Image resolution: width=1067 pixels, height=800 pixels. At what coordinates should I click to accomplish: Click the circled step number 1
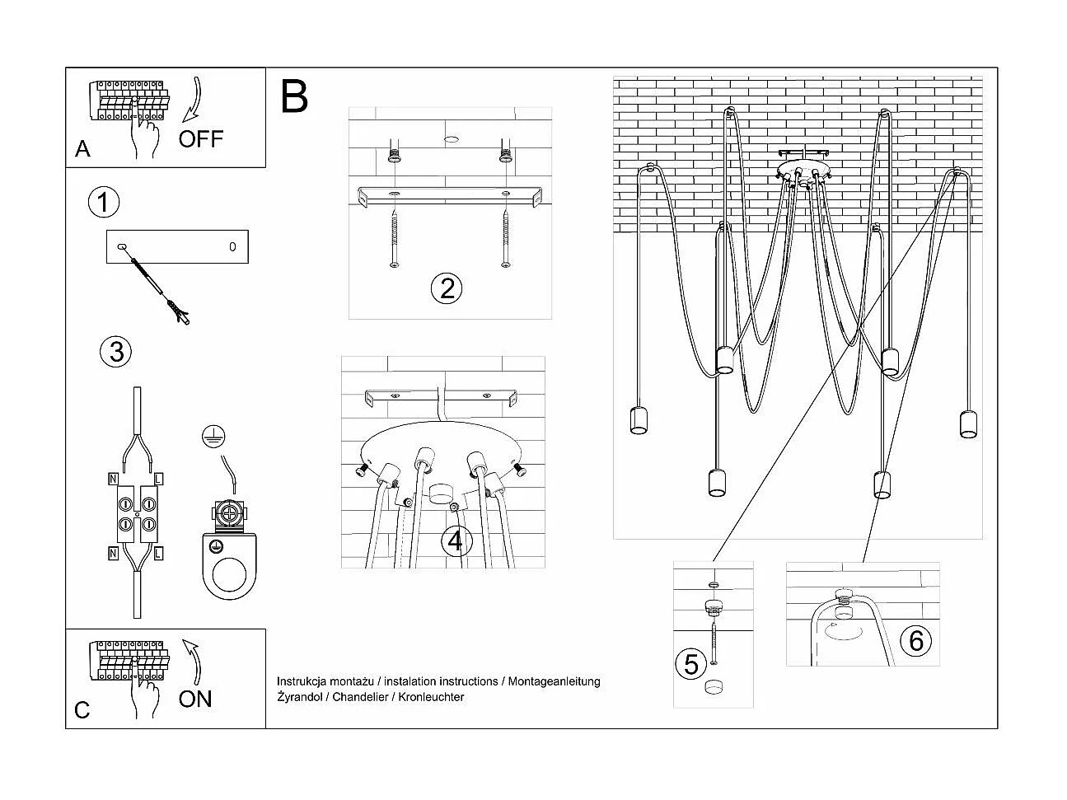[104, 203]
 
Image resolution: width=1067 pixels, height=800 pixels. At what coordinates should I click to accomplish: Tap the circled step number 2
[447, 288]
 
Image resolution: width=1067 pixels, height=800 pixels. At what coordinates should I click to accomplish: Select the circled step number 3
[115, 351]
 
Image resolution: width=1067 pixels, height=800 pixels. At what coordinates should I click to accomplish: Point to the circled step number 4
[456, 541]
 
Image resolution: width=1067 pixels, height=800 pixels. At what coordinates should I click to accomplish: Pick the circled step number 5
[690, 664]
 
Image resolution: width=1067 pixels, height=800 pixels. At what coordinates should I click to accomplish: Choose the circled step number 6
[916, 640]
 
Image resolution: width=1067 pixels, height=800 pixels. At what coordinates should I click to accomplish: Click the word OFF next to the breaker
[201, 138]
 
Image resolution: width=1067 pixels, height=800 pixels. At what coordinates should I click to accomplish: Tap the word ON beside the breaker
[195, 699]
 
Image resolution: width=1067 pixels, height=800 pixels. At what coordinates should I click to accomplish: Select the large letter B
[294, 96]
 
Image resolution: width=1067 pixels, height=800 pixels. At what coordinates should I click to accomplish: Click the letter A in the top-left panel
[82, 149]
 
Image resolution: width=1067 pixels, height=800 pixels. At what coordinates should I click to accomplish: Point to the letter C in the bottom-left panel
[82, 710]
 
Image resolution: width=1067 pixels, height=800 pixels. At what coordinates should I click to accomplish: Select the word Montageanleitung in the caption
[554, 681]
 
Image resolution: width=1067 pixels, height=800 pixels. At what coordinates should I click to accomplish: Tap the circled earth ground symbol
[214, 437]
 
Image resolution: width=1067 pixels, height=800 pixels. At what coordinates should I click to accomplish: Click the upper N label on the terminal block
[112, 478]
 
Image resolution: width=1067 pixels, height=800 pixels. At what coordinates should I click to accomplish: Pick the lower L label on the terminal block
[157, 553]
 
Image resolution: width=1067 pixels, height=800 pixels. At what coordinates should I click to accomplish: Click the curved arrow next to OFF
[194, 99]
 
